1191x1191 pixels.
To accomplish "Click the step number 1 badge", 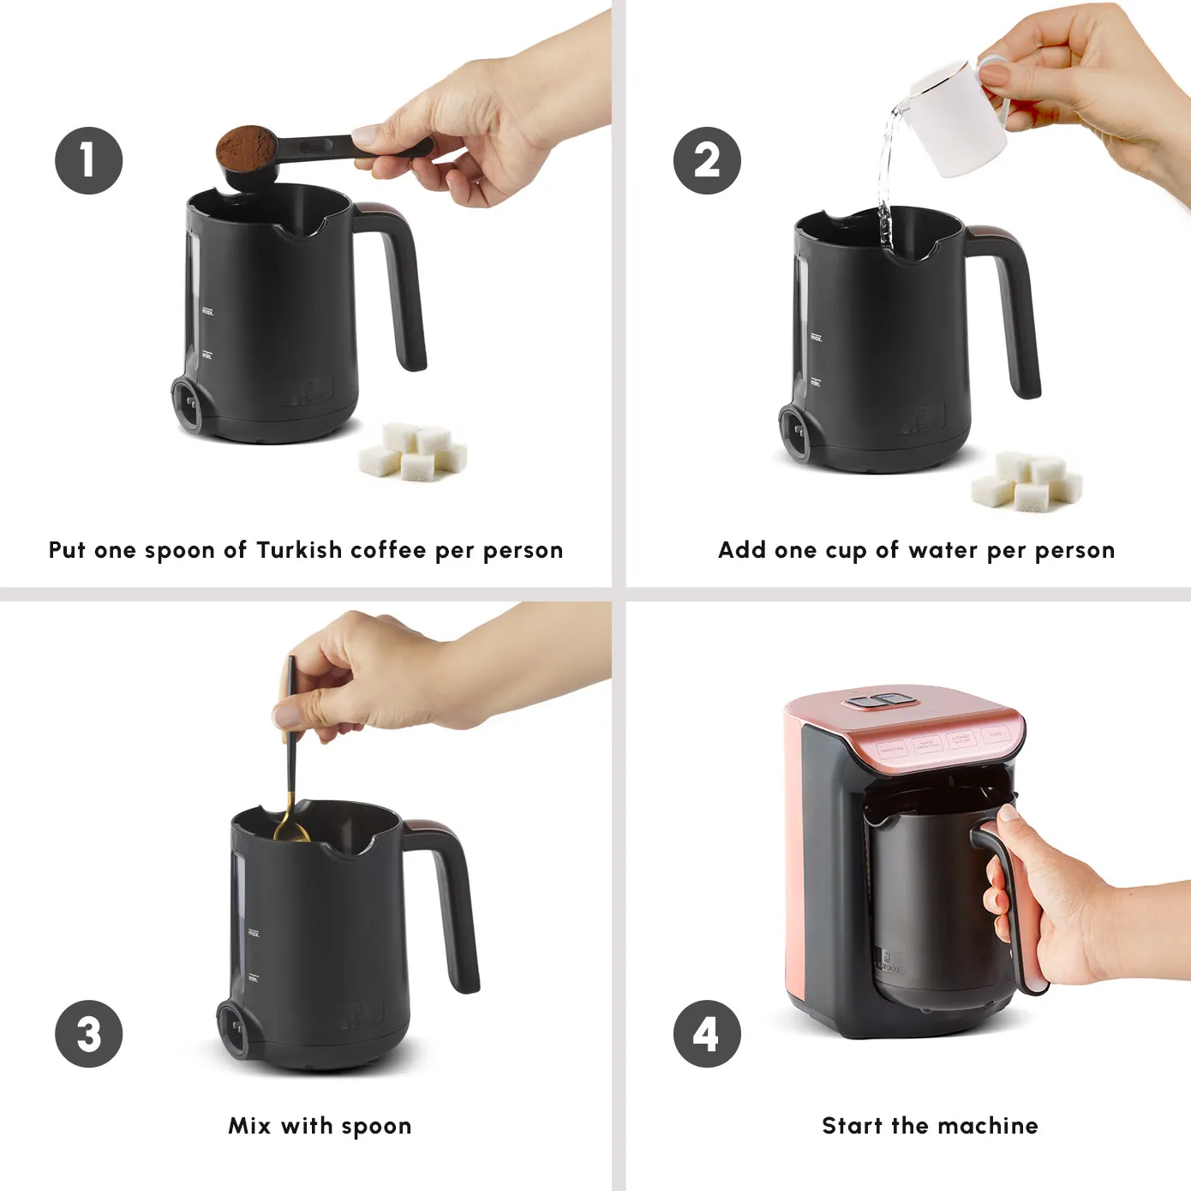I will [89, 161].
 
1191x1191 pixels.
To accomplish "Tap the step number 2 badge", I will [707, 161].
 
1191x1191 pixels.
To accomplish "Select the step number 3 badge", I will [89, 1033].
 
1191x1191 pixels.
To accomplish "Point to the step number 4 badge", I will [707, 1033].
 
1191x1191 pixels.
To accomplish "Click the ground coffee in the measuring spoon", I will [244, 147].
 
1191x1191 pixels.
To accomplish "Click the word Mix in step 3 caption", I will [249, 1126].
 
